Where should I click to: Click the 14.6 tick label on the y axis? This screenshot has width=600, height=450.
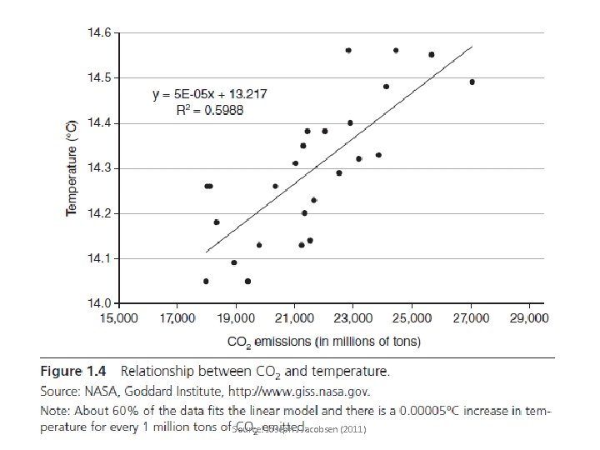click(102, 33)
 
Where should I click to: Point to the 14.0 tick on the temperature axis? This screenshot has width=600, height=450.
click(102, 302)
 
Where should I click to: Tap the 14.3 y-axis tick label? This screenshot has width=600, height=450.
click(102, 168)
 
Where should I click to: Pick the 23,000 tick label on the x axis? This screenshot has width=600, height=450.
click(352, 318)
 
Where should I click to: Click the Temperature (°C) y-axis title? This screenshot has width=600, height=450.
click(72, 167)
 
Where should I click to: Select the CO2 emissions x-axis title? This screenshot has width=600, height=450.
click(324, 341)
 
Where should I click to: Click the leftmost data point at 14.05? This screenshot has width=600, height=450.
click(206, 281)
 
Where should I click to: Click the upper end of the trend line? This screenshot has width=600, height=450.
click(472, 47)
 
